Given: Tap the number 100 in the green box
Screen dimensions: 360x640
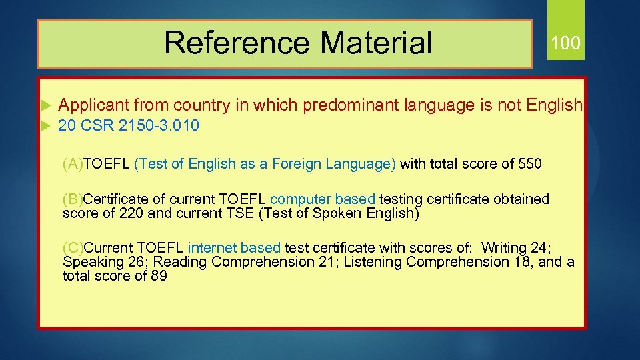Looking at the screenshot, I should (565, 43).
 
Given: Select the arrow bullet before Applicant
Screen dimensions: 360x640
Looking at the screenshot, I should (45, 105).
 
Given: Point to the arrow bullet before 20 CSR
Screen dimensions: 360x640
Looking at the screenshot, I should (45, 125).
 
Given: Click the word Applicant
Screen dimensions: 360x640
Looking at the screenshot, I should (94, 105).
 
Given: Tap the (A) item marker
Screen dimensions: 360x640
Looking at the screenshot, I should (73, 164).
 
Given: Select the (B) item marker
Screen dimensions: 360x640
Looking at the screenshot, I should (73, 199).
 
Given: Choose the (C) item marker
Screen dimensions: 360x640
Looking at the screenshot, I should (73, 247).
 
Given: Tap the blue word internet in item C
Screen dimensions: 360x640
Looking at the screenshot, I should (212, 247).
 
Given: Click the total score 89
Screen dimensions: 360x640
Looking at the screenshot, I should (159, 275).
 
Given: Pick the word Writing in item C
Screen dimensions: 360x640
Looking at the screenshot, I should (505, 247).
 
